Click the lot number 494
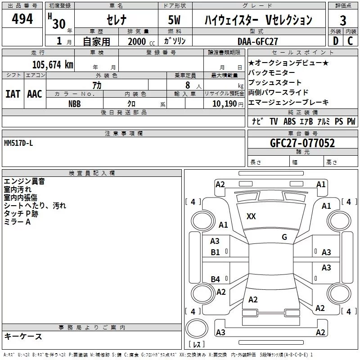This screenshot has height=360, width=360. pos(22,19)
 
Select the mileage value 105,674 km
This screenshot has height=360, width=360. pos(53,65)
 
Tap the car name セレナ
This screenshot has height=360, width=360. pos(117,20)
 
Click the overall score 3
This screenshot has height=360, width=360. pos(343,21)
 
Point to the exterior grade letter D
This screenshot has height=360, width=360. pos(336,41)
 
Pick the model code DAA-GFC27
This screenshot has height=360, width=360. pos(258,41)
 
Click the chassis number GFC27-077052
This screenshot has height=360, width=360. pos(302,143)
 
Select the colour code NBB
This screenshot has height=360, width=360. pos(75,104)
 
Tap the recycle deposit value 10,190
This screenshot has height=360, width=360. pos(224,104)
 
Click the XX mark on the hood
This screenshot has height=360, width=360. pos(251,216)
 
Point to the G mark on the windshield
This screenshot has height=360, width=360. pos(284,237)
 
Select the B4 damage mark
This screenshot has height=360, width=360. pos(216,279)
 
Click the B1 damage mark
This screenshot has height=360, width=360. pos(216,252)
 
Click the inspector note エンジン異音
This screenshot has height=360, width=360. pos(24,181)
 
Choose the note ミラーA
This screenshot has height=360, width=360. pos(17,222)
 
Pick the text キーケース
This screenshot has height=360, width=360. pos(23,336)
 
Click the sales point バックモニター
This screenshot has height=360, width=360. pos(271,72)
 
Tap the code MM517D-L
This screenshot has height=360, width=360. pos(18,143)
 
